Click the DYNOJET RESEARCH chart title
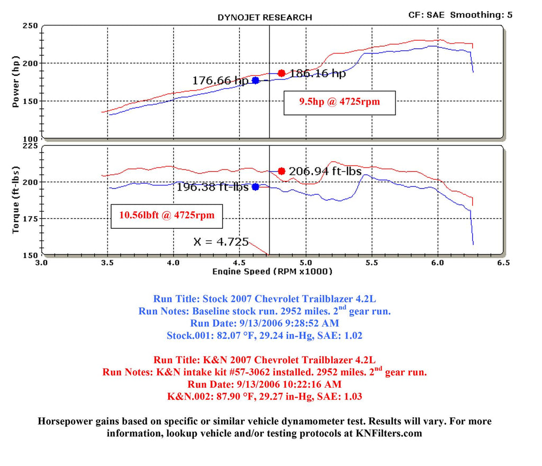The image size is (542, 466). tap(265, 17)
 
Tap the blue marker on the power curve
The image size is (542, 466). tap(256, 80)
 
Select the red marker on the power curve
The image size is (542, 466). tap(282, 73)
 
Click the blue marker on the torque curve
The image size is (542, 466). tap(256, 187)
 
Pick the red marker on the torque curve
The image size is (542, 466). tap(282, 171)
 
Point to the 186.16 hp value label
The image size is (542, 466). tap(318, 74)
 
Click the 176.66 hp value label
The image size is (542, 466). tap(220, 81)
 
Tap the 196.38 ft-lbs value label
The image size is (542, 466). tap(212, 187)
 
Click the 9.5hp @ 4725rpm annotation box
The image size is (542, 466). tap(339, 102)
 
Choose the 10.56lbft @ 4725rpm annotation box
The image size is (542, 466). tap(167, 216)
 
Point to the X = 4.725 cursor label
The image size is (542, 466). tap(221, 242)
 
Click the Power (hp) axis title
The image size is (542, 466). tap(15, 84)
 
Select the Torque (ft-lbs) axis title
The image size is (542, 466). tap(15, 200)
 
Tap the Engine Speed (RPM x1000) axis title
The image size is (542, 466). tap(272, 272)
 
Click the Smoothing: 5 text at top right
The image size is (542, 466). tap(481, 15)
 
